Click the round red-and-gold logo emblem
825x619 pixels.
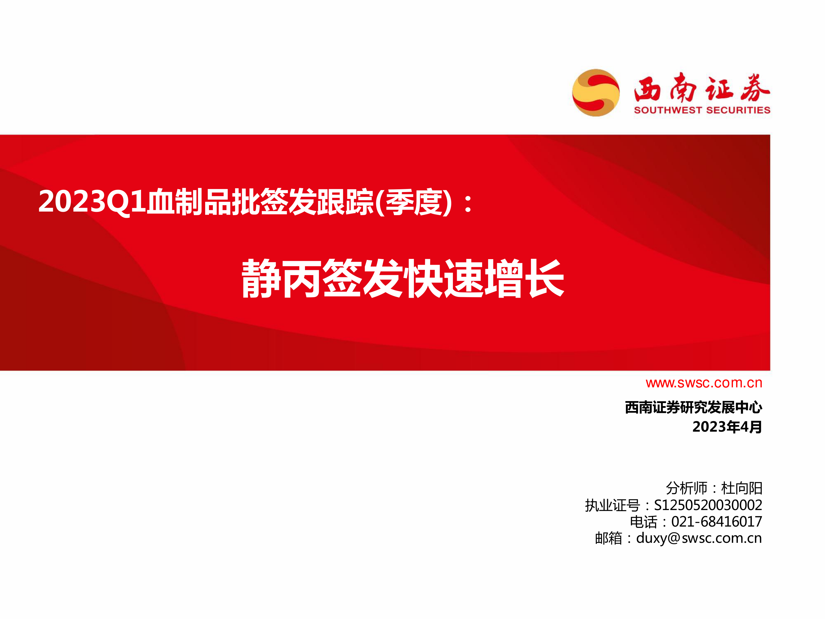[x=596, y=92]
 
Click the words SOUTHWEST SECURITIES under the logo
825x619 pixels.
[x=702, y=110]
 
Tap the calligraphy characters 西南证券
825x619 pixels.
[x=702, y=88]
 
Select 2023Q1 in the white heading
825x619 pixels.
[x=92, y=202]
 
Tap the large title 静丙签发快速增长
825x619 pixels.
[x=403, y=278]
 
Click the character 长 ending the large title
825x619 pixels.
[x=544, y=278]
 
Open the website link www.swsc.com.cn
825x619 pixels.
[x=704, y=383]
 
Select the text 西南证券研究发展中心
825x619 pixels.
[x=693, y=407]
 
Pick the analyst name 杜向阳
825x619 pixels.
[x=741, y=488]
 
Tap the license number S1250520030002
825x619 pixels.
[x=708, y=505]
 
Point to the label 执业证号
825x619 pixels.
[x=612, y=505]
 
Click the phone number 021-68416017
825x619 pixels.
[x=716, y=522]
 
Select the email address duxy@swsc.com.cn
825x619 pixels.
[x=699, y=538]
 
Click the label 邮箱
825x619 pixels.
[x=609, y=538]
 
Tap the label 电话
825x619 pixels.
[x=643, y=522]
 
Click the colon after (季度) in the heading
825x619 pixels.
[x=468, y=203]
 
